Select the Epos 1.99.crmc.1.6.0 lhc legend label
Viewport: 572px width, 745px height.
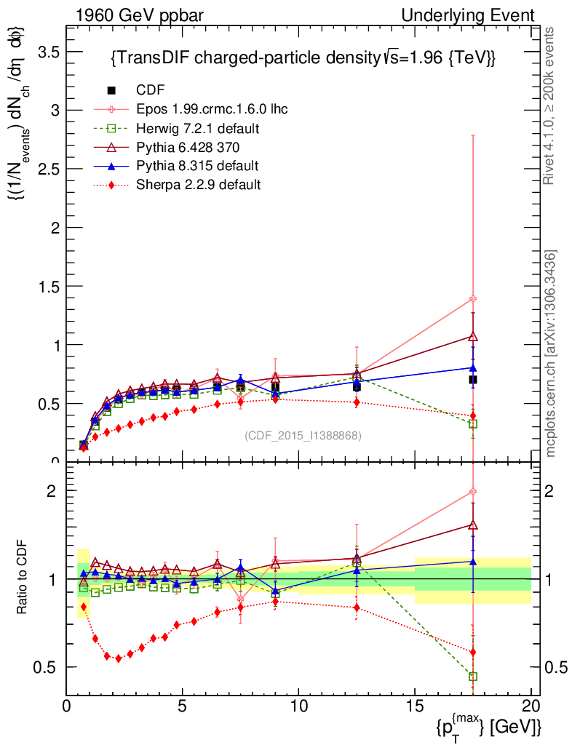(x=212, y=109)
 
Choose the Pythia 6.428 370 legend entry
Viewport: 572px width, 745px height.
(x=188, y=147)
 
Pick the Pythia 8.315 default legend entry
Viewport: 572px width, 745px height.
(x=197, y=165)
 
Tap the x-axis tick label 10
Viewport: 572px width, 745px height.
(x=298, y=706)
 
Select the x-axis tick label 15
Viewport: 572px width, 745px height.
(x=415, y=706)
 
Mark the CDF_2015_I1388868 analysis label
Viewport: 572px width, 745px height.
(x=303, y=435)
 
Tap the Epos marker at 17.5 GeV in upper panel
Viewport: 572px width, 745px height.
(x=473, y=299)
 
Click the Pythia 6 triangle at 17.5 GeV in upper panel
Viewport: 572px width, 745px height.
(x=473, y=336)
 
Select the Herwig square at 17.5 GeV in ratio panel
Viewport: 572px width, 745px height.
(x=473, y=677)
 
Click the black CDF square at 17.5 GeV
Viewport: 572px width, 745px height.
(x=473, y=380)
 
